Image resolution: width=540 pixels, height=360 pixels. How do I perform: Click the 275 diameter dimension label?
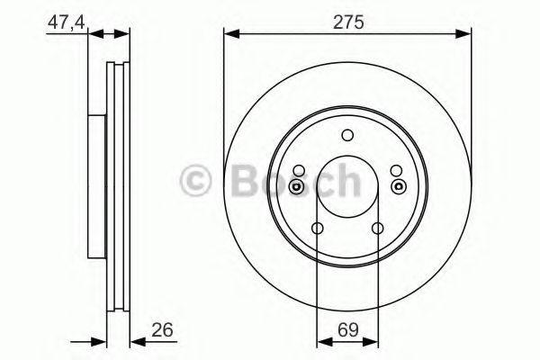[347, 22]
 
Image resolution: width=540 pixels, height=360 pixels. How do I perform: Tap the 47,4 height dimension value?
[66, 23]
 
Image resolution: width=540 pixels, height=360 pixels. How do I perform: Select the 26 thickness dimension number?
[163, 329]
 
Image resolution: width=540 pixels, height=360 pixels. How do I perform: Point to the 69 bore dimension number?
[347, 330]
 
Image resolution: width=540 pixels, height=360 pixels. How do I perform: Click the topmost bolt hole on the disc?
[347, 135]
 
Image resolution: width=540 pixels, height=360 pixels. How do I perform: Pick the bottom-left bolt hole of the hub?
[317, 228]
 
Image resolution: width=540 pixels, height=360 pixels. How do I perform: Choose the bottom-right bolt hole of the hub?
[378, 228]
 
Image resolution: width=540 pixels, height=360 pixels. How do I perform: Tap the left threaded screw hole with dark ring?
[296, 186]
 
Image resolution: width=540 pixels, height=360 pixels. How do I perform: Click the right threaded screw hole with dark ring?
[399, 186]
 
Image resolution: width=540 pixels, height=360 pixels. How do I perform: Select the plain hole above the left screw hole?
[299, 170]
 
